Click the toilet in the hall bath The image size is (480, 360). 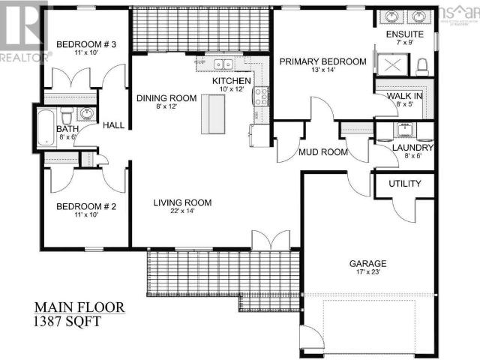66,115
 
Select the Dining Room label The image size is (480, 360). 166,98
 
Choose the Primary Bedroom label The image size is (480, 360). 322,61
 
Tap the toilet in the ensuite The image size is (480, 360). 421,67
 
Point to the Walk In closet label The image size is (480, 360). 405,95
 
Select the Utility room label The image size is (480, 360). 404,184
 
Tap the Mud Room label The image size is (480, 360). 323,152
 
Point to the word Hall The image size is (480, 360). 113,126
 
